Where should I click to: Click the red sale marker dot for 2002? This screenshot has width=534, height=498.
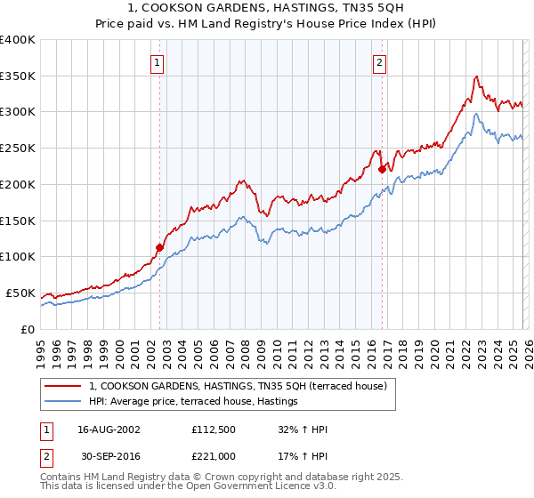[160, 247]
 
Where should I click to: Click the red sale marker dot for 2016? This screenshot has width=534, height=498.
[382, 169]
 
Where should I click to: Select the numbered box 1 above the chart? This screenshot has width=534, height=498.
[158, 62]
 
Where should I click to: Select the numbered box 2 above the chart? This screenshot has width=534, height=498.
[380, 62]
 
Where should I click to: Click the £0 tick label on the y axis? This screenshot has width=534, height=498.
[27, 329]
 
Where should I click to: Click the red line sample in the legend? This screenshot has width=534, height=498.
[63, 387]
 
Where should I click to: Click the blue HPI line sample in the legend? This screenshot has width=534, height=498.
[63, 402]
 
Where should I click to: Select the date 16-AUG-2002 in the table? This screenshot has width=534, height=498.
[108, 430]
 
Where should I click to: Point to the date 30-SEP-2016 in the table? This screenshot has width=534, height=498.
[108, 455]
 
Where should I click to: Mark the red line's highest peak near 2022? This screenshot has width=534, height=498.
[477, 76]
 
